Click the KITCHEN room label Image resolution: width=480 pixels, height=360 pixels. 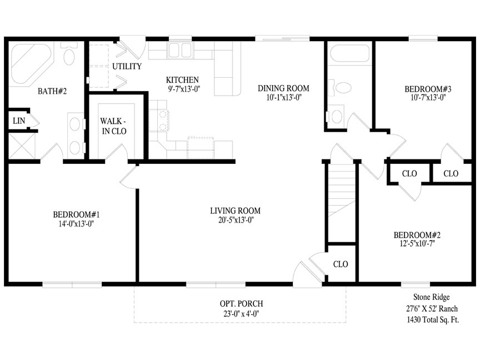[x=182, y=80]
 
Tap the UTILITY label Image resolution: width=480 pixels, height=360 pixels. [x=127, y=66]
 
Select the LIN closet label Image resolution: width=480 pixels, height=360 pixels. [x=19, y=121]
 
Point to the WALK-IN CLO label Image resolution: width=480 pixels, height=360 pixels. [x=114, y=126]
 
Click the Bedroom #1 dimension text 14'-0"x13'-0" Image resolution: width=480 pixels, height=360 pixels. [x=76, y=224]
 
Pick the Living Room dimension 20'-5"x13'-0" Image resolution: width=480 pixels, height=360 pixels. [x=236, y=220]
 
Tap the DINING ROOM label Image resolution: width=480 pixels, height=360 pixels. [x=283, y=88]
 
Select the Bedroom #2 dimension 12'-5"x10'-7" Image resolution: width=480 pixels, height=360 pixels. [x=417, y=243]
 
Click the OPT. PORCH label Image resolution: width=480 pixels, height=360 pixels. [x=241, y=304]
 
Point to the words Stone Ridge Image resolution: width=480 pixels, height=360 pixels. [x=431, y=297]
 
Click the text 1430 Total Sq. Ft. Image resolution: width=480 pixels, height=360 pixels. [x=433, y=319]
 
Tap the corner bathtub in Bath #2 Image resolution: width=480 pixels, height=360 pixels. [x=31, y=63]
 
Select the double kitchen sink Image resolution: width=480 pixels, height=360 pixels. [x=180, y=51]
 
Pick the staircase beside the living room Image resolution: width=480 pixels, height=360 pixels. [x=342, y=191]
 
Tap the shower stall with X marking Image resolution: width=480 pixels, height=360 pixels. [x=22, y=146]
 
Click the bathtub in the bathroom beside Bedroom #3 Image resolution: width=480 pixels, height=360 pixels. [x=350, y=53]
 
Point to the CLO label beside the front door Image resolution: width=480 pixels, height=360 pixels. [x=341, y=264]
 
